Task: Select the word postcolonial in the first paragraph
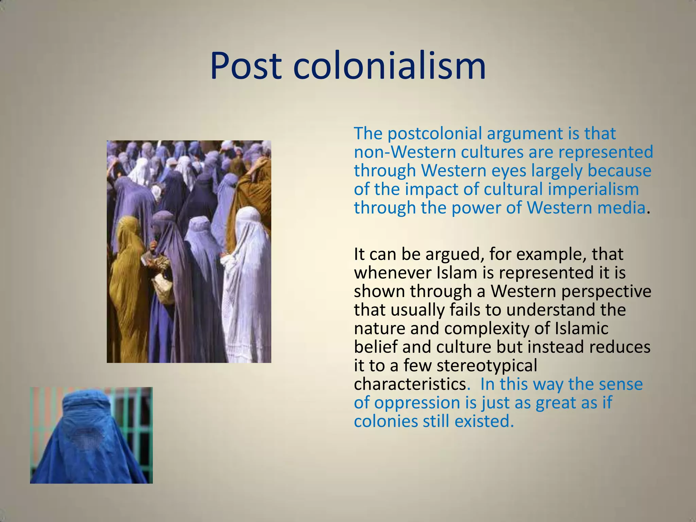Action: click(435, 133)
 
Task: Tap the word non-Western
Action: click(404, 152)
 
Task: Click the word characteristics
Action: click(410, 384)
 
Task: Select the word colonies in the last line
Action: click(385, 421)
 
